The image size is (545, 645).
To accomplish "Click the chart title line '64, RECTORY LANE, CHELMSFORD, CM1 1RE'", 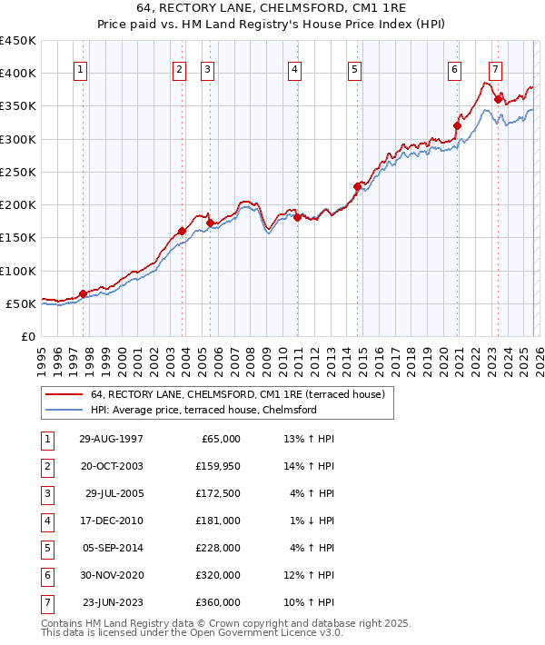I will tap(272, 9).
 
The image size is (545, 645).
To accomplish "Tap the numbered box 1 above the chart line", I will tap(81, 70).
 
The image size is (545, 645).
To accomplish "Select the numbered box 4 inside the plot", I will tap(295, 70).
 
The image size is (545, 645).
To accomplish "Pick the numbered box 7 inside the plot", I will tap(495, 70).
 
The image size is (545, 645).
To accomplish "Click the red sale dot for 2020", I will tap(457, 126).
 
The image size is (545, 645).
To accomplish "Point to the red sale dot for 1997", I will tap(83, 293).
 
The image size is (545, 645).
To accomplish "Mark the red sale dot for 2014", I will tap(357, 187).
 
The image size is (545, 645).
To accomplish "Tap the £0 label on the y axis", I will tap(27, 336).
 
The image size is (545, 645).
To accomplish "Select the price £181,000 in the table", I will tap(217, 521).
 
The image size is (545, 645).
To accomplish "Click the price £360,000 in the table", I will tap(217, 602).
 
